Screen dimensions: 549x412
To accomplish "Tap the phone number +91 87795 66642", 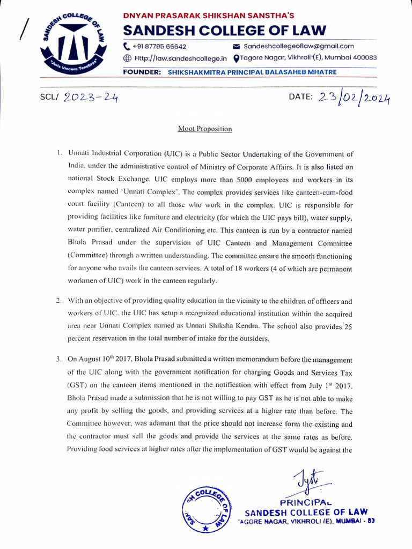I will point(159,47).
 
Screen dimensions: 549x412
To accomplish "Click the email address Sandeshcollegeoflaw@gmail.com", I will point(299,47).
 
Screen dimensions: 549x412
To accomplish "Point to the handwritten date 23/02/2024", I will point(354,98).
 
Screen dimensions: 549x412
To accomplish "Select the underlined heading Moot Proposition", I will point(205,129).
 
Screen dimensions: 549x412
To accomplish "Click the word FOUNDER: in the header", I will point(142,72).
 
